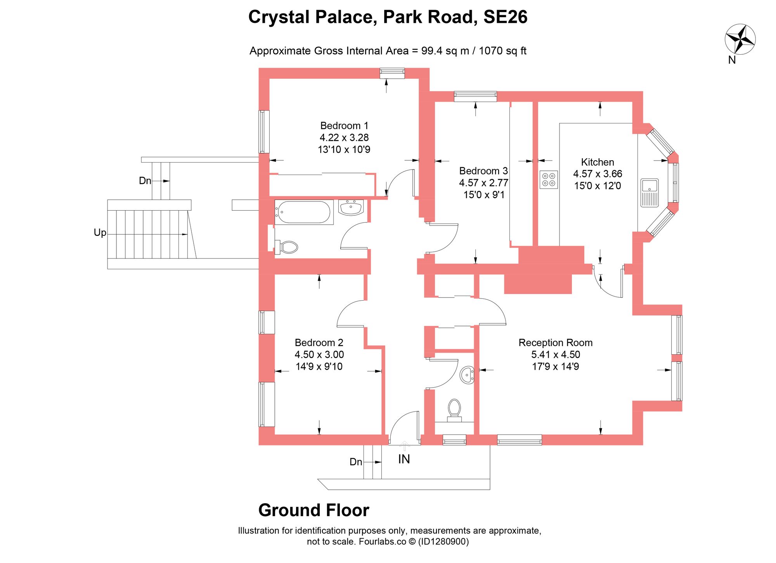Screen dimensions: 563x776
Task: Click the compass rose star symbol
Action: pos(740,39)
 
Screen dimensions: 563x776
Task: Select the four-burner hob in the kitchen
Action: pos(549,180)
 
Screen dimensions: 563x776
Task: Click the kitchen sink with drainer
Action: pos(649,192)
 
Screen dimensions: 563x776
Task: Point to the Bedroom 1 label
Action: pos(344,126)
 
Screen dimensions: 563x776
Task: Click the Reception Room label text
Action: pos(555,343)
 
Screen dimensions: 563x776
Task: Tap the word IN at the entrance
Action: pos(404,459)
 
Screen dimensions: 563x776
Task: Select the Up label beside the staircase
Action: pos(100,232)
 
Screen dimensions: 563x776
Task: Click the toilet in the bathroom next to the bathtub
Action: pos(288,247)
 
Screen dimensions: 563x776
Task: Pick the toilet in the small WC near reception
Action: pos(454,409)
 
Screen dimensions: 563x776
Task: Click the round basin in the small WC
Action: pos(467,375)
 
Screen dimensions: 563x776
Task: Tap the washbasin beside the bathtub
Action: pos(351,207)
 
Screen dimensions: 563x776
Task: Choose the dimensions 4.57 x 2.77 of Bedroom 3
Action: pos(483,183)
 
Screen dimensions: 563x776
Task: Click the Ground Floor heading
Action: pos(314,510)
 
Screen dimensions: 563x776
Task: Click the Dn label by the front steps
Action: pos(356,462)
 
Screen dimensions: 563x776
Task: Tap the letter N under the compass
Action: pos(732,60)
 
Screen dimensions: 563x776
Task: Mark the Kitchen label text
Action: pos(597,162)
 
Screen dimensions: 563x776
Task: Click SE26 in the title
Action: pos(505,17)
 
